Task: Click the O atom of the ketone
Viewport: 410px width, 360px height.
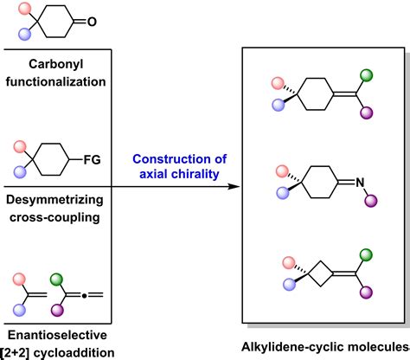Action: (97, 25)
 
